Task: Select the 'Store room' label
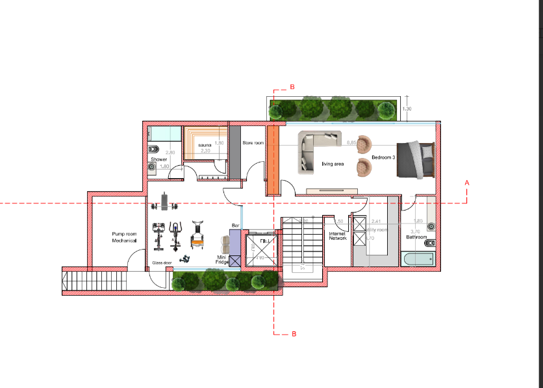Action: tap(253, 142)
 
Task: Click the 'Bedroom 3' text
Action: tap(383, 158)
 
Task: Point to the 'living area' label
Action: tap(333, 164)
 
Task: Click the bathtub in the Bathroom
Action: tap(418, 259)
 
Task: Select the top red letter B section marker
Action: tap(292, 87)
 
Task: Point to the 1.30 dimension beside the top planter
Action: tap(406, 109)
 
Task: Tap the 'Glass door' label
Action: tap(162, 263)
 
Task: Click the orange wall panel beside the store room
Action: tap(273, 159)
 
